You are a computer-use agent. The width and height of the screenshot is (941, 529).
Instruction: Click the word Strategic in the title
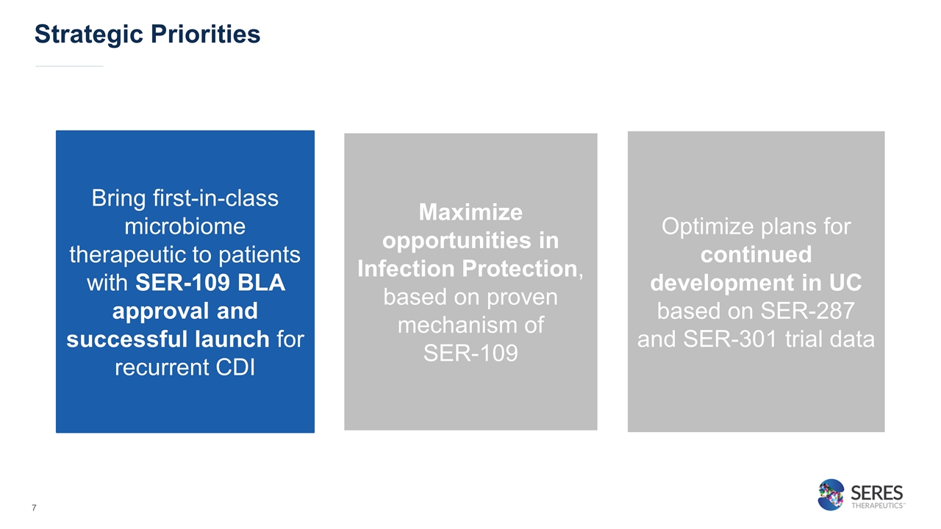89,35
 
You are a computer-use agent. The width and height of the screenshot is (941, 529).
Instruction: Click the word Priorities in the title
205,34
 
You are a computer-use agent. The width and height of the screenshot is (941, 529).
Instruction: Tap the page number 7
34,508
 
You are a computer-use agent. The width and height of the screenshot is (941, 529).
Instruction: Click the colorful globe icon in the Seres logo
831,494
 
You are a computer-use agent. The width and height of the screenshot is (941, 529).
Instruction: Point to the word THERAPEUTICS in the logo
877,505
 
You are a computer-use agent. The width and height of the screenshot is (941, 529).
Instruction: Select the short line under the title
69,66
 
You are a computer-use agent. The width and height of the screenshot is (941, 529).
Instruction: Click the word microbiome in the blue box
185,227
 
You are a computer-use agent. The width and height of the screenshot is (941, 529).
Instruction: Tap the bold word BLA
261,283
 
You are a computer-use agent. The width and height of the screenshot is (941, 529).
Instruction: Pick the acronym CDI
235,367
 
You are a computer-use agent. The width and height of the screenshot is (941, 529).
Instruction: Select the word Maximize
470,212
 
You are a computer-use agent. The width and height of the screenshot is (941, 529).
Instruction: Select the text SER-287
807,311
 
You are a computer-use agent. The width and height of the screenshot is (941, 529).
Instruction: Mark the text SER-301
730,339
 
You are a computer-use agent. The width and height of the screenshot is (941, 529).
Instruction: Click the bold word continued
756,254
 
